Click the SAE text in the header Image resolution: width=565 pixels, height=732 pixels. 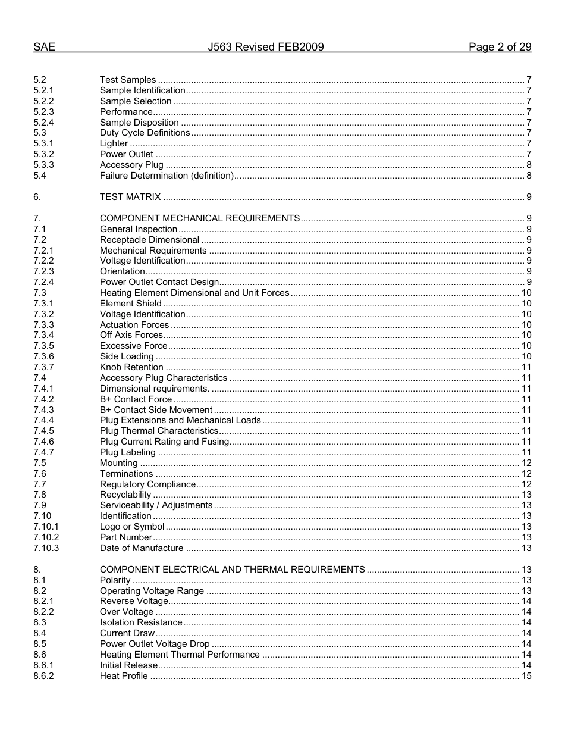(x=44, y=48)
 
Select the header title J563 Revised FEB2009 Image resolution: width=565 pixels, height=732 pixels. (x=266, y=48)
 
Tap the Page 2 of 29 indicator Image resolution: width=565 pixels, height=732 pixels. (x=500, y=48)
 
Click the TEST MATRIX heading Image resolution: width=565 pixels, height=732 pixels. (x=130, y=197)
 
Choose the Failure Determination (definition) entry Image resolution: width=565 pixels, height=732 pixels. (x=167, y=176)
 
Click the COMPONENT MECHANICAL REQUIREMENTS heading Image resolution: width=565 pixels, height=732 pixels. (x=200, y=218)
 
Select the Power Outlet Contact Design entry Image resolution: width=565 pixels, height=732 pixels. (x=159, y=282)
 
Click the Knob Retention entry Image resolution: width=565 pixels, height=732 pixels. (x=131, y=367)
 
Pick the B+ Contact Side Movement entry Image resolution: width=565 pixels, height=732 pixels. (x=156, y=410)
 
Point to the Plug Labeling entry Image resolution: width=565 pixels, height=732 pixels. (x=128, y=452)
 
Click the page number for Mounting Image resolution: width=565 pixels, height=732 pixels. (x=526, y=463)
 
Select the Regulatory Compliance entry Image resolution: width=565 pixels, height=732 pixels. (x=147, y=484)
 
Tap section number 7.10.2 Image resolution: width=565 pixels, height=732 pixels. (x=46, y=537)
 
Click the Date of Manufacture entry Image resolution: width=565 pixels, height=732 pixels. (x=142, y=548)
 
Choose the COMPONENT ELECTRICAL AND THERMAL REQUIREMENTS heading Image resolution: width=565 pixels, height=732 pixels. (x=233, y=570)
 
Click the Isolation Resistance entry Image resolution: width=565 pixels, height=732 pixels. (x=141, y=622)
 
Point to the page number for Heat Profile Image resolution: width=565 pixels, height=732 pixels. (x=526, y=676)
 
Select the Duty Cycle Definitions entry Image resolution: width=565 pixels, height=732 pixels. (x=145, y=133)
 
